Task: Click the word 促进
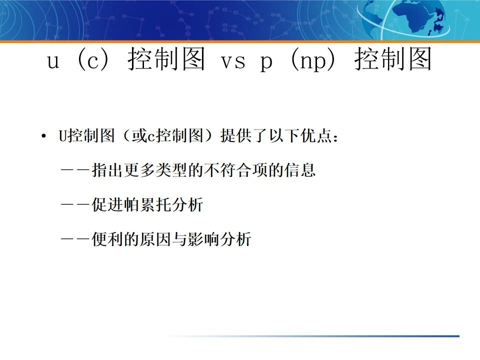(105, 205)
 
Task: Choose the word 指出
(105, 170)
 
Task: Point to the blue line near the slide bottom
(350, 336)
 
